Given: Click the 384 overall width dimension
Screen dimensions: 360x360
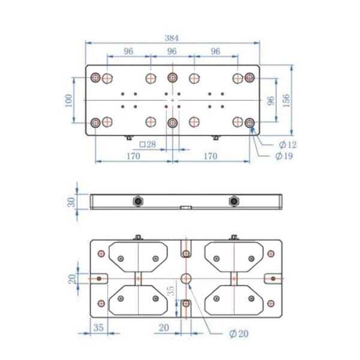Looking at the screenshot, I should point(172,37).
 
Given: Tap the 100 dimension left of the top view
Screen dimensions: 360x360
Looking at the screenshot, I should point(68,100).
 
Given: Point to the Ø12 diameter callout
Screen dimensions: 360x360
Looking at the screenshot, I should point(288,145).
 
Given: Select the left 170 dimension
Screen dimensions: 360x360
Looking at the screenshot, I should point(133,156).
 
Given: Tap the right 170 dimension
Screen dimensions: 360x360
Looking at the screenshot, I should point(209,156).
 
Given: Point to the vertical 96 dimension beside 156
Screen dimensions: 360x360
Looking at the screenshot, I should point(270,100).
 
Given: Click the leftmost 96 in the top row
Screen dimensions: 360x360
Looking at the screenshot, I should point(128,52).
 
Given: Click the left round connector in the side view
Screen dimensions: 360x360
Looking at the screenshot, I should point(138,201).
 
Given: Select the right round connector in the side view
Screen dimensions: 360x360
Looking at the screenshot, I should point(233,201).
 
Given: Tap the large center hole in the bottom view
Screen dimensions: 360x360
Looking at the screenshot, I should point(185,278).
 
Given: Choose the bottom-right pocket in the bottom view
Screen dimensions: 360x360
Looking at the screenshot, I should point(233,300).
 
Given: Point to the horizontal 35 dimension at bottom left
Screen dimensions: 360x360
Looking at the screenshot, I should point(98,328).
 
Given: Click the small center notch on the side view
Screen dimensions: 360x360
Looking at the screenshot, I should point(185,208).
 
